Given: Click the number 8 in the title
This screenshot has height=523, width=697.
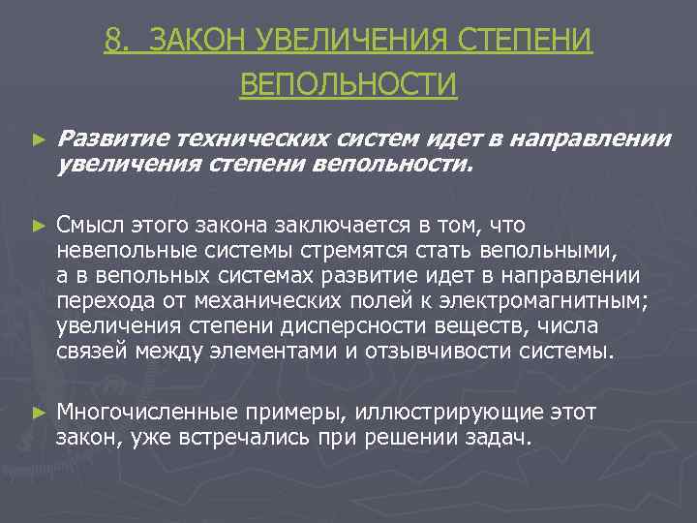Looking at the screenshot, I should pyautogui.click(x=115, y=43).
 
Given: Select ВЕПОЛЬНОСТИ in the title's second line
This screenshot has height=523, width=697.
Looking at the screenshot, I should pyautogui.click(x=348, y=84).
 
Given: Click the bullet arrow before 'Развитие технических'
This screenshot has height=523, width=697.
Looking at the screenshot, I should pyautogui.click(x=39, y=140).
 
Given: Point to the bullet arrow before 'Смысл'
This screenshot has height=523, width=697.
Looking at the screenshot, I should pyautogui.click(x=39, y=225).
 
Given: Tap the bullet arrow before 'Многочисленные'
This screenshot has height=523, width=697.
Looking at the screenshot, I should pyautogui.click(x=39, y=412).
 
